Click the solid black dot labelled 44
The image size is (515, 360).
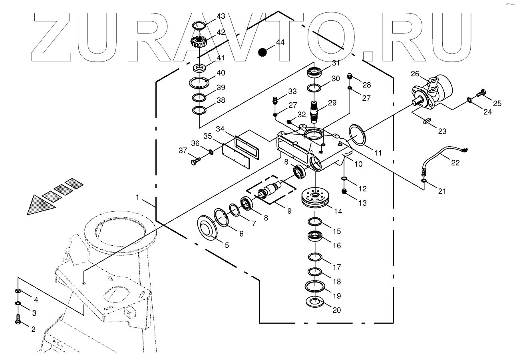[262, 52]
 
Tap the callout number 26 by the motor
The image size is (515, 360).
[415, 74]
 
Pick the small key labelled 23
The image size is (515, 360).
[427, 120]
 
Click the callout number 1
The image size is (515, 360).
[138, 197]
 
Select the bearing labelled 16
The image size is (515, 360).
[316, 236]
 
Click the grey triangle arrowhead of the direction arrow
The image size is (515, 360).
[40, 205]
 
